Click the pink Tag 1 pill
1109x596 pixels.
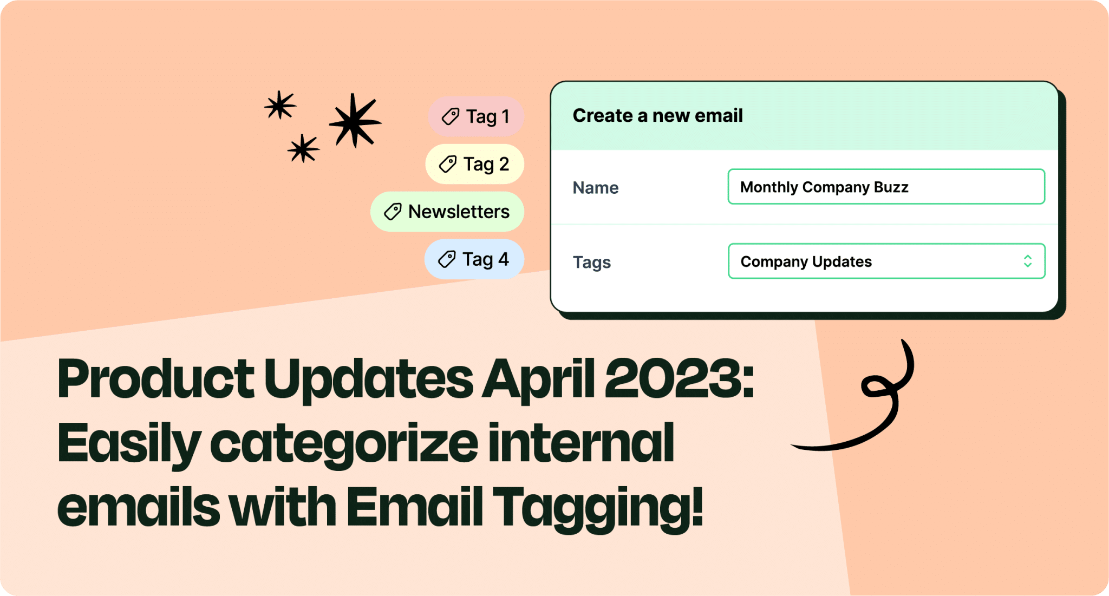[476, 116]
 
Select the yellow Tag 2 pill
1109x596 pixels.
[474, 164]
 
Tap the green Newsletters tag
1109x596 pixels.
[447, 212]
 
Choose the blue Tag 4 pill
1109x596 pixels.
[474, 259]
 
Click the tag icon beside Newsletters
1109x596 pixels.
[393, 212]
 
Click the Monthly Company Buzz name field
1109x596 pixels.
[886, 187]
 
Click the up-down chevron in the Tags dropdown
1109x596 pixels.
[1027, 261]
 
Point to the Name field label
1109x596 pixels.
[595, 188]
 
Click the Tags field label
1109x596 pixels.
[591, 263]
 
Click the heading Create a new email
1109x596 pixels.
[657, 116]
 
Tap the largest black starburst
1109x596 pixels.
[354, 121]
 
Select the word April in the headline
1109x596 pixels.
[538, 378]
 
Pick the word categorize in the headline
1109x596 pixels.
[344, 443]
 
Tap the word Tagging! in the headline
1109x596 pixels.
[598, 507]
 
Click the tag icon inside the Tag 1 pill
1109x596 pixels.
[450, 116]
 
